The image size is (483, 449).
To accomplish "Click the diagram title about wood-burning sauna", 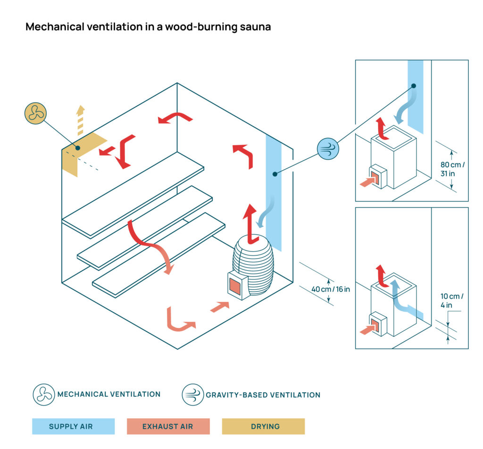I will pyautogui.click(x=148, y=27).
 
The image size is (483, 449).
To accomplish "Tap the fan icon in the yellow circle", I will pyautogui.click(x=36, y=113).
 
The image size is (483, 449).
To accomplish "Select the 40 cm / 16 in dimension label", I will pyautogui.click(x=331, y=289).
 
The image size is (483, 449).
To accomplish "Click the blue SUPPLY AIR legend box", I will pyautogui.click(x=73, y=426).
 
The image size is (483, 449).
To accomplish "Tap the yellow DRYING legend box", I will pyautogui.click(x=263, y=426).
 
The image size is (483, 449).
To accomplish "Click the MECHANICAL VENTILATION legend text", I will pyautogui.click(x=109, y=394).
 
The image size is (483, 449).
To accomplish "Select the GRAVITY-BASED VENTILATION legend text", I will pyautogui.click(x=263, y=395).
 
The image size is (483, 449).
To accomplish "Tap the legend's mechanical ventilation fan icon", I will pyautogui.click(x=44, y=394).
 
